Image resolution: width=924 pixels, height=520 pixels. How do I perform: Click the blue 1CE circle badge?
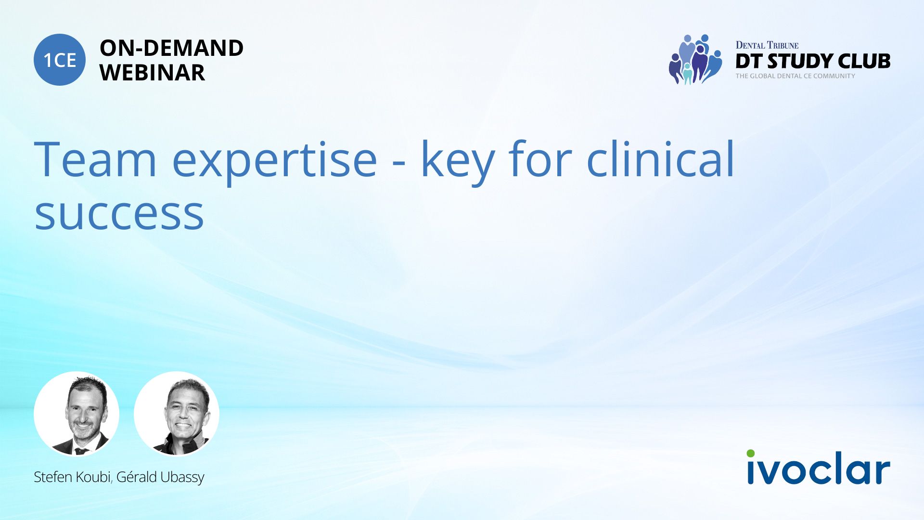point(60,60)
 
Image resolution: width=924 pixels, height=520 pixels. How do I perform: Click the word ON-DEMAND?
point(171,48)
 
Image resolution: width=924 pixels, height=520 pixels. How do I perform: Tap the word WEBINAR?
point(152,73)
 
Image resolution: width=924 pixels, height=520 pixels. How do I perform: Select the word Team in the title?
point(95,159)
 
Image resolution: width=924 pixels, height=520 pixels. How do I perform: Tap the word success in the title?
point(119,214)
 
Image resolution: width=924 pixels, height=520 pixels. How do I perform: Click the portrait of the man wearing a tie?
point(77,414)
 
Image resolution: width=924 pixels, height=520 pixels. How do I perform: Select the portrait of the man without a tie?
point(177,414)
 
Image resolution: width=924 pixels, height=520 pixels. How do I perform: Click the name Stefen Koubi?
point(72,477)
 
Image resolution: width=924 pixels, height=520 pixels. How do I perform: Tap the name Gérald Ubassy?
point(160,477)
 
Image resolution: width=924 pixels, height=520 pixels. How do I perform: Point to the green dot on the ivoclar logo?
point(751,454)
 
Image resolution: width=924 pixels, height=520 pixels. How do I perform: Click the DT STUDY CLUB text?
point(813,61)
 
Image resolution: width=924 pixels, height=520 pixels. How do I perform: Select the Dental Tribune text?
point(767,45)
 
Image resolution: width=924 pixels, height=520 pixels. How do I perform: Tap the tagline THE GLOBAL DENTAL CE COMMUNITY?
point(795,76)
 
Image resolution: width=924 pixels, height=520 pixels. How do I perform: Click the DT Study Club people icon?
point(695,59)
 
